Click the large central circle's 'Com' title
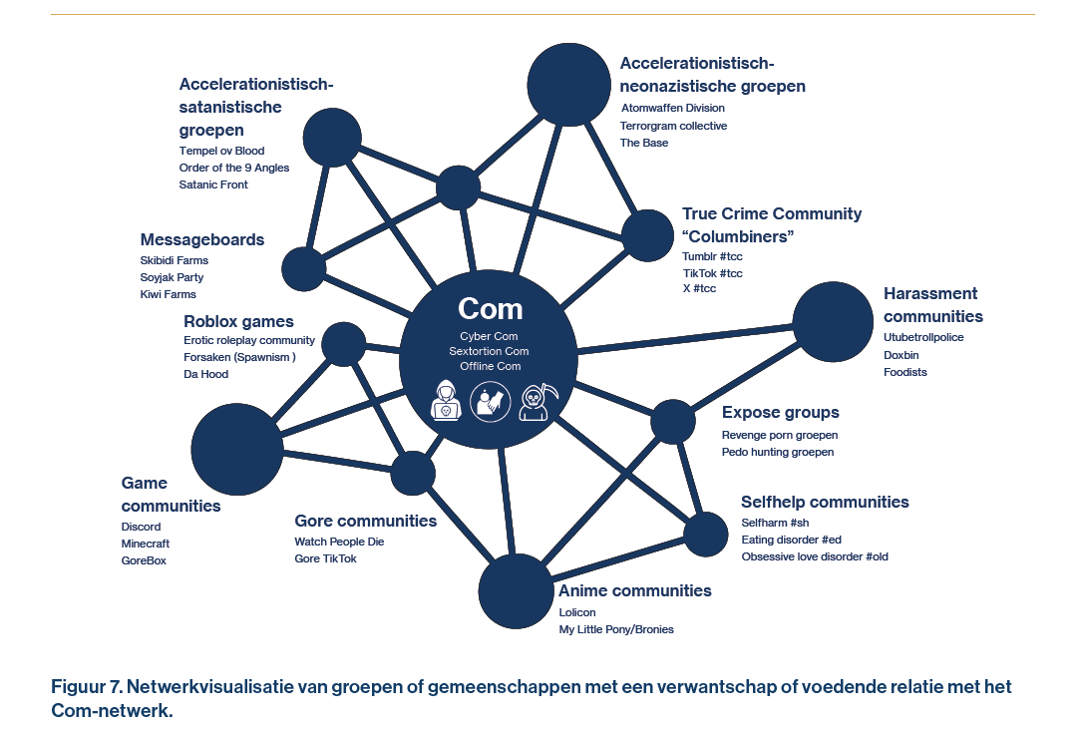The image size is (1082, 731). (490, 308)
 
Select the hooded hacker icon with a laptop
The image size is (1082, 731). (445, 401)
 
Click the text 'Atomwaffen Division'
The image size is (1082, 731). (672, 108)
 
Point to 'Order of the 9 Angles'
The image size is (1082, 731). (234, 168)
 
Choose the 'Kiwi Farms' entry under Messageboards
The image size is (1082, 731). (168, 294)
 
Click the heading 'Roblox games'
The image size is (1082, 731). (238, 321)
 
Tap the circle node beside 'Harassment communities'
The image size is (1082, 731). (832, 321)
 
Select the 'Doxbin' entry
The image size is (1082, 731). (902, 355)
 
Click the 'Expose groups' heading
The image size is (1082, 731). (780, 413)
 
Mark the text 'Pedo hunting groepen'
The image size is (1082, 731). (778, 452)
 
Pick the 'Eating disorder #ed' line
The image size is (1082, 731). (791, 540)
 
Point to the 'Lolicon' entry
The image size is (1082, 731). (577, 611)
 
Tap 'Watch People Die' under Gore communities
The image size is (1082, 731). (339, 542)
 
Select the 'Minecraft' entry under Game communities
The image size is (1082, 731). (146, 544)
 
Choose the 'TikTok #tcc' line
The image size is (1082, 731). (712, 273)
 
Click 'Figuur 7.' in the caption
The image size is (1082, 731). (87, 688)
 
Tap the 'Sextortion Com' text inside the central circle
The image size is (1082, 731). (489, 351)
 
